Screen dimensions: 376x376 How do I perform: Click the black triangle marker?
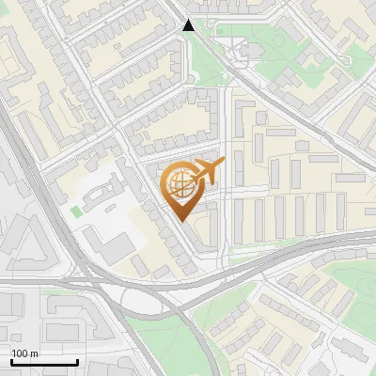tap(189, 25)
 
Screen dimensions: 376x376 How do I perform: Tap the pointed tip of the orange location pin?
tap(181, 219)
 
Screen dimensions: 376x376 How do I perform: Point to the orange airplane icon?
tap(208, 171)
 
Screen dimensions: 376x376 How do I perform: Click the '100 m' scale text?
tap(24, 353)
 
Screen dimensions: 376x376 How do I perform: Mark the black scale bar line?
tap(44, 362)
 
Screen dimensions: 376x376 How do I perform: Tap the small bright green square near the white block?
tap(75, 211)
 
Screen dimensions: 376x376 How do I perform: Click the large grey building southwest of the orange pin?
tap(117, 247)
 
